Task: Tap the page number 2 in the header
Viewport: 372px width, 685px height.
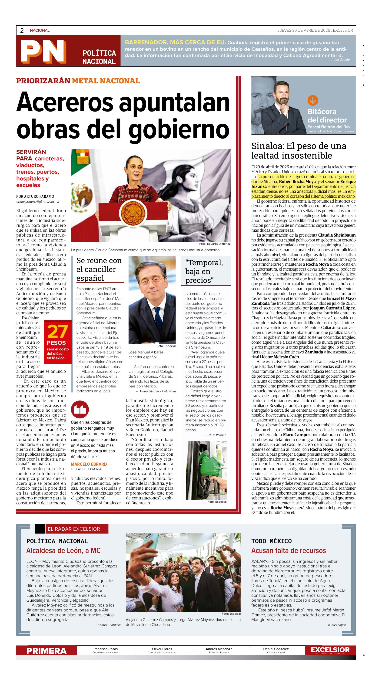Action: click(x=22, y=30)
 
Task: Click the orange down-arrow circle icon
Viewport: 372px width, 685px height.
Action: click(x=312, y=101)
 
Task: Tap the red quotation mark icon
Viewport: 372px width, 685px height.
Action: click(x=80, y=410)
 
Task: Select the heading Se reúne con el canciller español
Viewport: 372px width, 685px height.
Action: click(x=99, y=269)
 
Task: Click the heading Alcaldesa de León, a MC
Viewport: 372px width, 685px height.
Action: click(x=63, y=550)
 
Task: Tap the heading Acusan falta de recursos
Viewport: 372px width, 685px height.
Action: click(x=288, y=550)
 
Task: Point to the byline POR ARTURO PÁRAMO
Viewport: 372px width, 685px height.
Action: click(x=35, y=197)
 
